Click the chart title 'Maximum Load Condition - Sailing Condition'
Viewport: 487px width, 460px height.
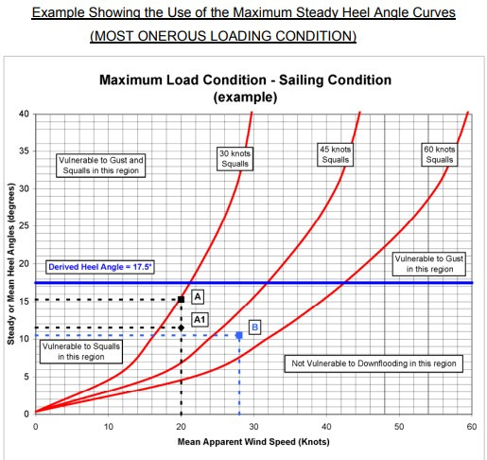[x=245, y=80]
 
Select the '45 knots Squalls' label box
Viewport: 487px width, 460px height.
[x=334, y=152]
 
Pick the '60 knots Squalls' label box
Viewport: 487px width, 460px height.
[x=440, y=153]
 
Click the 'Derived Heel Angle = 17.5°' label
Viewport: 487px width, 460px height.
[x=100, y=268]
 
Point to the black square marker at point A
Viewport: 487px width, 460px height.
[x=181, y=300]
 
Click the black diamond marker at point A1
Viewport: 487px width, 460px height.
[x=181, y=327]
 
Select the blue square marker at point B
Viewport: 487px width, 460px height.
[x=239, y=335]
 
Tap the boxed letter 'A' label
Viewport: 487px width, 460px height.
[x=199, y=296]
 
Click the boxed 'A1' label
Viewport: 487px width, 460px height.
[x=200, y=320]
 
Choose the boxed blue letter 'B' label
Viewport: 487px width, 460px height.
[x=253, y=327]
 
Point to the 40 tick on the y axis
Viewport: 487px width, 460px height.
[x=25, y=115]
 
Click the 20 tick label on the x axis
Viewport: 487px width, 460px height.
[x=181, y=426]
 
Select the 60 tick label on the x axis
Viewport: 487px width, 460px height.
[x=471, y=426]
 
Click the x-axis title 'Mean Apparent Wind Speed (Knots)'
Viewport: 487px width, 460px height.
[x=252, y=441]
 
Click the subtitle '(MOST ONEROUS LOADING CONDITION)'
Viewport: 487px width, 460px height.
[x=223, y=36]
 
